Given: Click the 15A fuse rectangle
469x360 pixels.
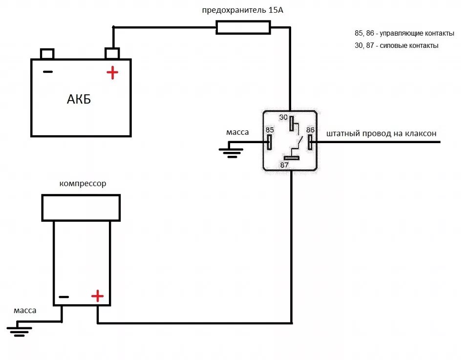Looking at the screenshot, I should (x=243, y=28).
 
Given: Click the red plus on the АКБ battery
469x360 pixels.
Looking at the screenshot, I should (x=112, y=73).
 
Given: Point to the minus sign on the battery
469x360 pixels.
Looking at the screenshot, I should (x=47, y=72).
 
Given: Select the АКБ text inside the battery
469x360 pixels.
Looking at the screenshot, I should (x=79, y=100).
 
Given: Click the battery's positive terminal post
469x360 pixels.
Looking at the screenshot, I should (x=112, y=53).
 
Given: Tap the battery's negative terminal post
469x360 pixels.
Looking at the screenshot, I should (x=47, y=53).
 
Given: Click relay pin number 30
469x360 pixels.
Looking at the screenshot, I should (x=292, y=124).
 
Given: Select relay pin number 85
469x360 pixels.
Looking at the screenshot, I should (x=269, y=142).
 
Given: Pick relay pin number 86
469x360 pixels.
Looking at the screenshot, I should (x=310, y=142).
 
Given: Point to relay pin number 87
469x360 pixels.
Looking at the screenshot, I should (x=292, y=158).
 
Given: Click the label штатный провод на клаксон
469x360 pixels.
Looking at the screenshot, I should (x=381, y=133).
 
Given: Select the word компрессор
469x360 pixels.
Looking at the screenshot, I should (x=83, y=184).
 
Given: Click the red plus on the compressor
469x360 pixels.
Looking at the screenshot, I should (x=97, y=296).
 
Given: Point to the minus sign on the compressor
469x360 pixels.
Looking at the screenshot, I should (x=64, y=296).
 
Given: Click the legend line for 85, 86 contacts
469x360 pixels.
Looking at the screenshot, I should (x=404, y=34).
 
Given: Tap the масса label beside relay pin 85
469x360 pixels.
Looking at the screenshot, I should (x=237, y=132).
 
